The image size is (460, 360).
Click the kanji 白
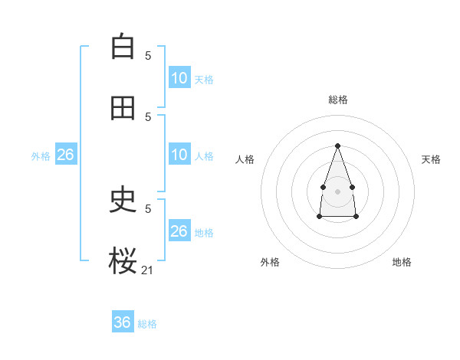point(123,47)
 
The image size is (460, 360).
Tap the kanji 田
point(123,108)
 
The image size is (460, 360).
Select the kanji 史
point(123,200)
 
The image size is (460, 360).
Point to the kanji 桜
point(123,261)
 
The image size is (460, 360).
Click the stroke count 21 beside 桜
point(148,270)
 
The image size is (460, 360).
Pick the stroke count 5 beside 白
point(148,55)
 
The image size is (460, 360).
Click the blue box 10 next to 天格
point(179,78)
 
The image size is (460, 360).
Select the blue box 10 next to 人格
point(179,155)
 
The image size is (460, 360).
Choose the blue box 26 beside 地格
point(179,231)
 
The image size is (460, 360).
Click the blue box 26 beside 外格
point(66,155)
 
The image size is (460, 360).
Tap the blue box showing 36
point(123,322)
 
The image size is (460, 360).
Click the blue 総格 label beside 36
point(147,324)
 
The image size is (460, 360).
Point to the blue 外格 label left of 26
point(41,156)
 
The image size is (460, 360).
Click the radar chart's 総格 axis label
point(337,100)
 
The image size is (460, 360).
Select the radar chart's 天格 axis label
point(431,159)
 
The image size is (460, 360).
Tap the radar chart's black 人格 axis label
point(245,159)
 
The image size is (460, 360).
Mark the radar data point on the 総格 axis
point(337,146)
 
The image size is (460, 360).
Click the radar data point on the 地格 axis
point(356,217)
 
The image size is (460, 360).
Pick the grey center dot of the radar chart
point(337,191)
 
